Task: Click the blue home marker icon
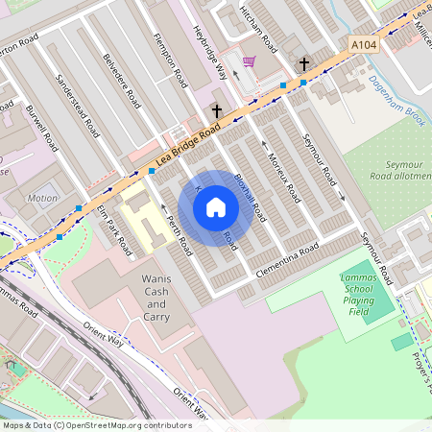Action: (x=216, y=207)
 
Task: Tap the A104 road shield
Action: (x=364, y=44)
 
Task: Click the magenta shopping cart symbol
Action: (x=250, y=62)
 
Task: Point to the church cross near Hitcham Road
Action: (x=304, y=64)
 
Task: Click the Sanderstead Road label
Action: (x=79, y=105)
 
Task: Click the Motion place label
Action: (x=42, y=199)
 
